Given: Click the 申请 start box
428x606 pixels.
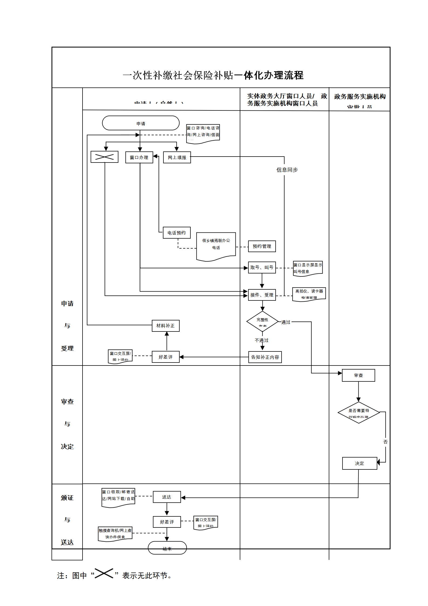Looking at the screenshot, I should [141, 123].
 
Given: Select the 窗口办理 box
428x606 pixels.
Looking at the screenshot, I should [139, 157].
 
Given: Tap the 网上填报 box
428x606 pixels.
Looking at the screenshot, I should [177, 157].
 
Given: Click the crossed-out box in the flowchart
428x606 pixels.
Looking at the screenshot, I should [104, 157].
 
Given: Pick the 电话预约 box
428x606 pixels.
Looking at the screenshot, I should [177, 233].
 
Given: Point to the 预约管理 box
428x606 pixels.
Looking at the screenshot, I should [262, 246].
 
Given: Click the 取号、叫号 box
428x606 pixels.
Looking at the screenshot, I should [262, 268].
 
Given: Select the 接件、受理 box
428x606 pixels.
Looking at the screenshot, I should [262, 295].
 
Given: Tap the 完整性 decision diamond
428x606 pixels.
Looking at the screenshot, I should [262, 321].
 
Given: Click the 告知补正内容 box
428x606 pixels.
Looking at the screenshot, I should [265, 357].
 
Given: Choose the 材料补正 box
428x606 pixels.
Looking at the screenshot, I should [166, 326].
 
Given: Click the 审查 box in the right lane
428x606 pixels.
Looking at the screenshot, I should [358, 375].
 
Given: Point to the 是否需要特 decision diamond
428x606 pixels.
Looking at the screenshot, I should [359, 412].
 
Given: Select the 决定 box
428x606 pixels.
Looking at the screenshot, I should [359, 463].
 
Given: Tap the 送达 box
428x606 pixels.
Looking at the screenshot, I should [167, 497].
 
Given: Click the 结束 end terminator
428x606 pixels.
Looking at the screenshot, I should [167, 548].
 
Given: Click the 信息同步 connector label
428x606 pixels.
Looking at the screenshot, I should [287, 170].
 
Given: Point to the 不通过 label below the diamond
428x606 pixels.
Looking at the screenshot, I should [262, 340].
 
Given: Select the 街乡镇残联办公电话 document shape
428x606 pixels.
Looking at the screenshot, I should [216, 245].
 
